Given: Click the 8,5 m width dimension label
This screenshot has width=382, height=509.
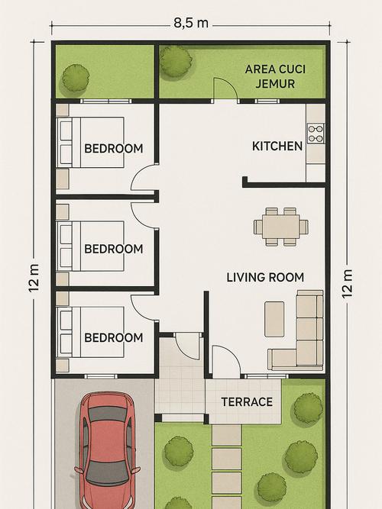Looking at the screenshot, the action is [x=191, y=24].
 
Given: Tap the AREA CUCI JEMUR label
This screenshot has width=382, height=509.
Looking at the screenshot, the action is [x=275, y=76].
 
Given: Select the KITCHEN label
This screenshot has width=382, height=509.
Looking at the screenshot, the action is [x=277, y=146].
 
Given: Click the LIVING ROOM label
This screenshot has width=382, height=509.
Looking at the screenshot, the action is [x=265, y=278].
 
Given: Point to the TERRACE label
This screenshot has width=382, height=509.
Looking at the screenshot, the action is [x=247, y=402].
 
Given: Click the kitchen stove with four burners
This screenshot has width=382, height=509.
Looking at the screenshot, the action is [x=316, y=134].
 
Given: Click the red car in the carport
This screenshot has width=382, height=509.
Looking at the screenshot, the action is [x=108, y=451].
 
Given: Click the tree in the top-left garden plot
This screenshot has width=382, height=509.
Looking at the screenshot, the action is [x=76, y=79].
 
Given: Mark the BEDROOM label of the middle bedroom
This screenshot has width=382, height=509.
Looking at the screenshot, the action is [x=114, y=249].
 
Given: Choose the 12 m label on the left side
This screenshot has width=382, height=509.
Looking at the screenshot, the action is [x=34, y=278].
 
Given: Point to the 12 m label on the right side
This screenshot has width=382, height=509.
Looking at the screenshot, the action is [x=347, y=284].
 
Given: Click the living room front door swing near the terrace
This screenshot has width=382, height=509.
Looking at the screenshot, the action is [x=226, y=361].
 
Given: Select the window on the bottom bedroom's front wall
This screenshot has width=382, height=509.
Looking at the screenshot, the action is [x=101, y=376].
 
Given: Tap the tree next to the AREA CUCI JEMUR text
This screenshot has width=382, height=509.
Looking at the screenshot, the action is [x=176, y=62].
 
